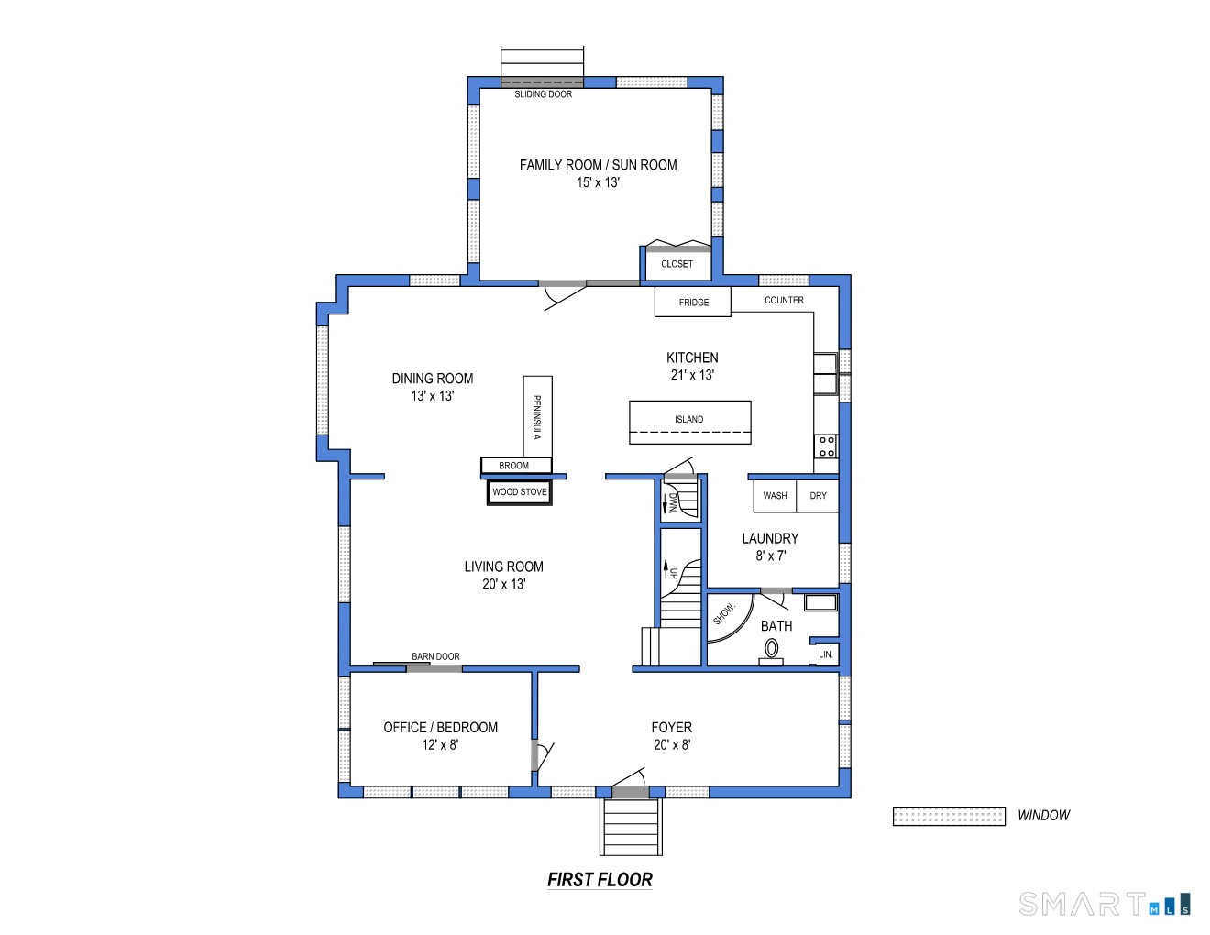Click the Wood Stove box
(x=519, y=491)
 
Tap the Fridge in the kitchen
(x=692, y=302)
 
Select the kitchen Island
(x=690, y=422)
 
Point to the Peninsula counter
(x=537, y=416)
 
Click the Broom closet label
(x=513, y=466)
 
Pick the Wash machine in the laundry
(x=775, y=495)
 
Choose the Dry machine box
(x=818, y=495)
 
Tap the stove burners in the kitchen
(x=826, y=446)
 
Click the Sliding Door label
(x=543, y=94)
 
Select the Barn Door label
(x=435, y=656)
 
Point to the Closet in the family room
(x=676, y=263)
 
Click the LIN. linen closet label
(x=825, y=654)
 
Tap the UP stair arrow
(x=665, y=569)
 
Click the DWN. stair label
(x=673, y=502)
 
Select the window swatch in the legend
(x=949, y=816)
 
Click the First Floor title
(x=599, y=879)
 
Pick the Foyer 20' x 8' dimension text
(x=672, y=744)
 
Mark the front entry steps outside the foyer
(x=631, y=827)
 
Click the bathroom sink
(x=821, y=602)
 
